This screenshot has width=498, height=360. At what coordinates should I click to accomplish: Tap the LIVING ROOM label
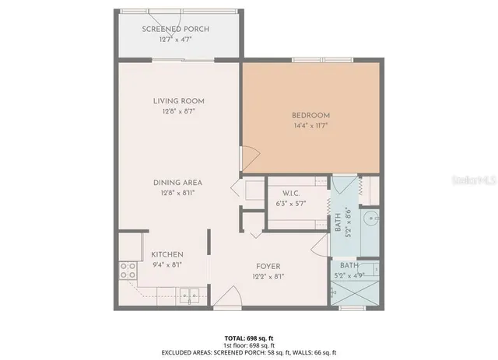coord(179,100)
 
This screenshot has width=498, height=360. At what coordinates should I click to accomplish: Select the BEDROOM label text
coord(311,116)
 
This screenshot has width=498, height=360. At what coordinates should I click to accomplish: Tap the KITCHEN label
coord(167,254)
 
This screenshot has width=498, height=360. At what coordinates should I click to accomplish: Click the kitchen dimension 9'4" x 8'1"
coord(167,264)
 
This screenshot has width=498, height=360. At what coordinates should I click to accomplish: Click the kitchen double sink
coord(187,295)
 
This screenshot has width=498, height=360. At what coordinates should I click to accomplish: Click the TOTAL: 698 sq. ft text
coord(248,338)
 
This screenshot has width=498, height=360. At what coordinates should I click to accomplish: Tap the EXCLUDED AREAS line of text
coord(248,352)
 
